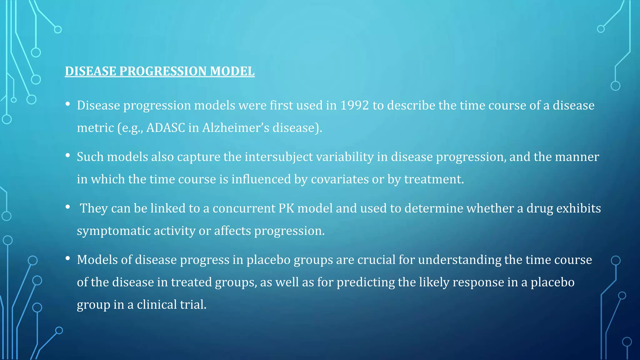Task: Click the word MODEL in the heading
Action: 232,71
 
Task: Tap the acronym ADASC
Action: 166,128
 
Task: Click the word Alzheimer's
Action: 236,128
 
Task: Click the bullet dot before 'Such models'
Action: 67,155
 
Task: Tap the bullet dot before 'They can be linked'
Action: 67,207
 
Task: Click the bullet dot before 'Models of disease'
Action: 67,258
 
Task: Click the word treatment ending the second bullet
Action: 434,179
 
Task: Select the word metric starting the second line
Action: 95,128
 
